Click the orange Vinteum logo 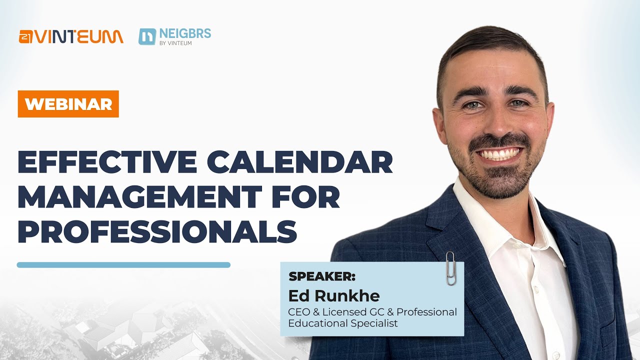[x=71, y=36]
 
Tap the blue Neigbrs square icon [x=147, y=36]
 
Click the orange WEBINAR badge [x=68, y=104]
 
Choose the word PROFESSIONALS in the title [x=157, y=231]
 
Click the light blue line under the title [x=123, y=265]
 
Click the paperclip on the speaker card [x=450, y=268]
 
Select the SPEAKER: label [x=322, y=276]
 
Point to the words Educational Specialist [x=342, y=323]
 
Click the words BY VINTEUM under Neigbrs [x=176, y=43]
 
